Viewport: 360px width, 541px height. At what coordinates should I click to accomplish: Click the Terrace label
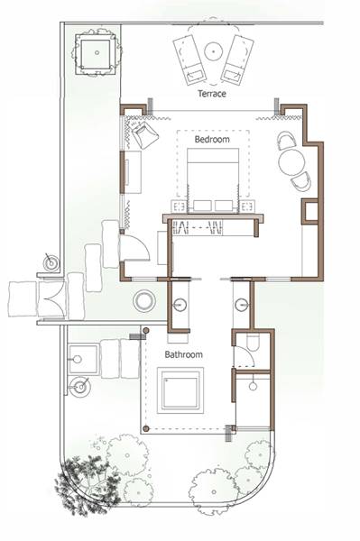(212, 94)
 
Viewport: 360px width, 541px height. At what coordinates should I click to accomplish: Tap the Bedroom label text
(212, 140)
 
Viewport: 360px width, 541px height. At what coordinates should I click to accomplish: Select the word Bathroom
(184, 354)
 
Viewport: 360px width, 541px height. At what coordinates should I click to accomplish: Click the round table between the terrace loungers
(214, 51)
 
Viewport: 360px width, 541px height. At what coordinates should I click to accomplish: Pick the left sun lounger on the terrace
(189, 60)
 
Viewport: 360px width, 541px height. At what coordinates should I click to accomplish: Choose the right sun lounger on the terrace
(237, 59)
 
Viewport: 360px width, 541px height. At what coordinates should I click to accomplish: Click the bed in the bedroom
(213, 180)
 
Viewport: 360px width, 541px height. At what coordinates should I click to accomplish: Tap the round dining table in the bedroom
(292, 162)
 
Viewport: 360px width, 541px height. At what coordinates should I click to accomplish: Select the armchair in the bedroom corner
(145, 134)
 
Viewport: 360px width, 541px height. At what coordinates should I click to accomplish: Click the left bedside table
(179, 206)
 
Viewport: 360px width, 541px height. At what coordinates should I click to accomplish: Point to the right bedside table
(247, 206)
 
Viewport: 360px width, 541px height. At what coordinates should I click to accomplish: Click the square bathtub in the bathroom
(180, 390)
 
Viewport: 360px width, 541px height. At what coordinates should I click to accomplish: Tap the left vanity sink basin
(180, 305)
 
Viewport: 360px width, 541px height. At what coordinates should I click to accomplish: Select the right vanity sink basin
(242, 305)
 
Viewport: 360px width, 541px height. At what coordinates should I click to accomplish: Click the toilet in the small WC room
(253, 343)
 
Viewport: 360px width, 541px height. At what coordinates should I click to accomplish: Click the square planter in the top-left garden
(97, 53)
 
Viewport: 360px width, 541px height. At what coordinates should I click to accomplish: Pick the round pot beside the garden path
(144, 301)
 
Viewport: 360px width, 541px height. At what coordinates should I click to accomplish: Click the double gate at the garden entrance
(52, 298)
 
